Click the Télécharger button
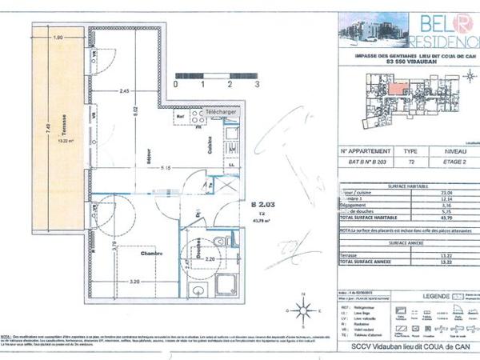tap(220, 113)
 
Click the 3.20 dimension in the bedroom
tap(134, 282)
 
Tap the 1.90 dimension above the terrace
tap(58, 38)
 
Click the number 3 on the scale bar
tap(256, 82)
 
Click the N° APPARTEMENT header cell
tap(366, 150)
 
